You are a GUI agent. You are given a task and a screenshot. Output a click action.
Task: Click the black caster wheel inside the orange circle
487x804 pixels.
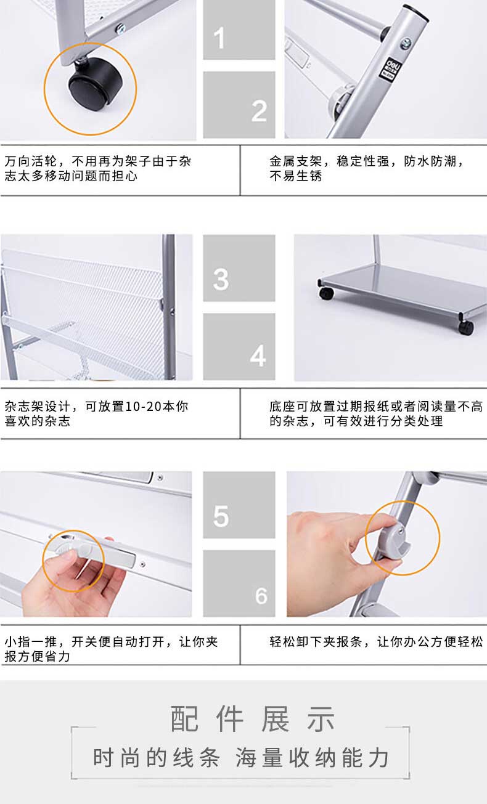pyautogui.click(x=95, y=83)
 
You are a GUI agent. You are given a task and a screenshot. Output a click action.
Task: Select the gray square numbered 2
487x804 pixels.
pyautogui.click(x=239, y=105)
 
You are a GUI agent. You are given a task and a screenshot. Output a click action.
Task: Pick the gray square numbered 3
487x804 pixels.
pyautogui.click(x=239, y=268)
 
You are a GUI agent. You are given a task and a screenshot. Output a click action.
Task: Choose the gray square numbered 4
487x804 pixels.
pyautogui.click(x=239, y=347)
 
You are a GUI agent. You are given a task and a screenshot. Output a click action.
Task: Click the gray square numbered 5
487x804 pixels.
pyautogui.click(x=239, y=505)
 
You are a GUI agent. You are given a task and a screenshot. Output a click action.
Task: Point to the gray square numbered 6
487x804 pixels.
pyautogui.click(x=239, y=583)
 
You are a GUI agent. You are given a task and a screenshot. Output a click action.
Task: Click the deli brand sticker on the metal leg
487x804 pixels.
pyautogui.click(x=390, y=68)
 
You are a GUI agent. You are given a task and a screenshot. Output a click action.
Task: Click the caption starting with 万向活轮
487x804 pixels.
pyautogui.click(x=97, y=168)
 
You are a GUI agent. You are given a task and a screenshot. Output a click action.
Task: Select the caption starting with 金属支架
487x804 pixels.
pyautogui.click(x=367, y=168)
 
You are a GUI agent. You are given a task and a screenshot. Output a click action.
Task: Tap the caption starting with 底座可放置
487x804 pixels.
pyautogui.click(x=376, y=413)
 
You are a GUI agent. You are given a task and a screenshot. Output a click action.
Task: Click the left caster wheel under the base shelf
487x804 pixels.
pyautogui.click(x=325, y=293)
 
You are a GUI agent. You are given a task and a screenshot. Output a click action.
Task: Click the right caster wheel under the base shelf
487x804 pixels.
pyautogui.click(x=465, y=327)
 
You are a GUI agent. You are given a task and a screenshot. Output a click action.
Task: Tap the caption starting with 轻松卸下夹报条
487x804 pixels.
pyautogui.click(x=376, y=641)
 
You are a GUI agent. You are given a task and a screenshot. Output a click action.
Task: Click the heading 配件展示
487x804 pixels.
pyautogui.click(x=253, y=718)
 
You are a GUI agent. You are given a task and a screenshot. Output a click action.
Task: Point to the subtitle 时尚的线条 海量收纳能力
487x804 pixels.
pyautogui.click(x=241, y=758)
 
